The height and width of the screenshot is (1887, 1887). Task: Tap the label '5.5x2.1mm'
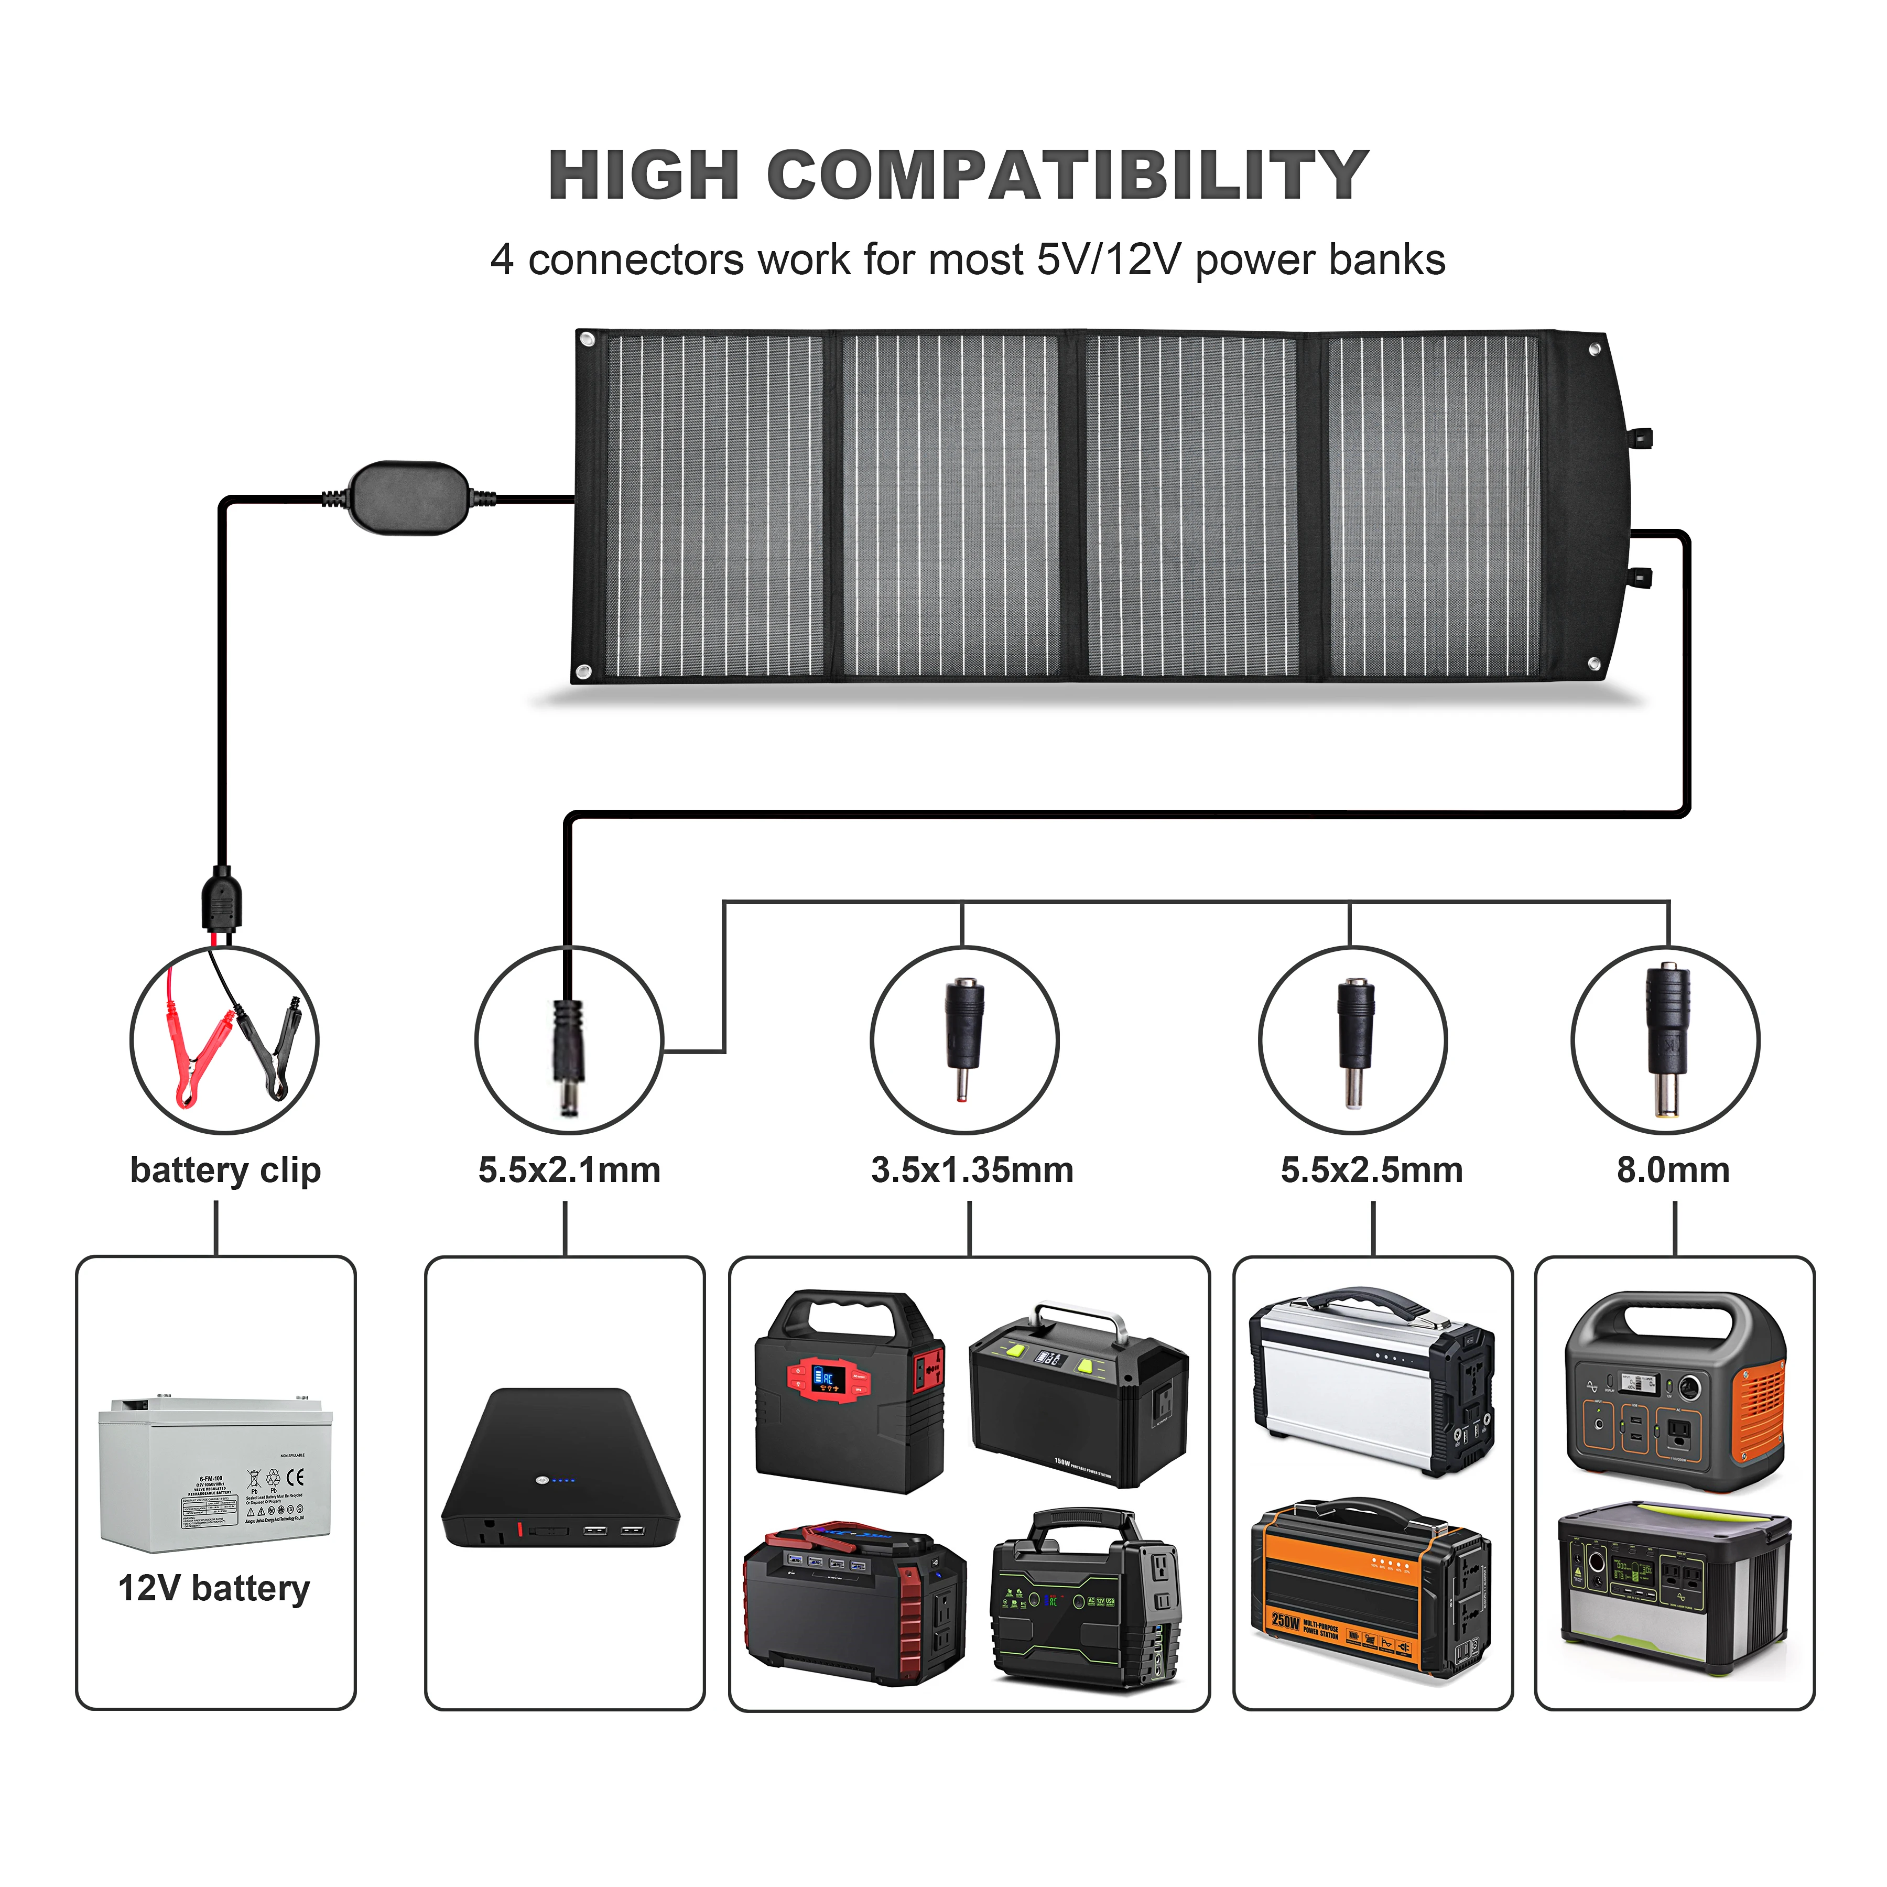pyautogui.click(x=569, y=1170)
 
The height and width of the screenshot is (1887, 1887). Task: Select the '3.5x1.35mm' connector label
pyautogui.click(x=972, y=1170)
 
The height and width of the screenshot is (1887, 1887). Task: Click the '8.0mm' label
pyautogui.click(x=1673, y=1170)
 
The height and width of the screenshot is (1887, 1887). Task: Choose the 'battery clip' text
pyautogui.click(x=225, y=1170)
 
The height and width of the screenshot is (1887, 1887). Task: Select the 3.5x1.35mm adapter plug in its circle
pyautogui.click(x=964, y=1039)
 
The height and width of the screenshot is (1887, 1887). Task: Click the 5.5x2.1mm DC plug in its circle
pyautogui.click(x=568, y=1054)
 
